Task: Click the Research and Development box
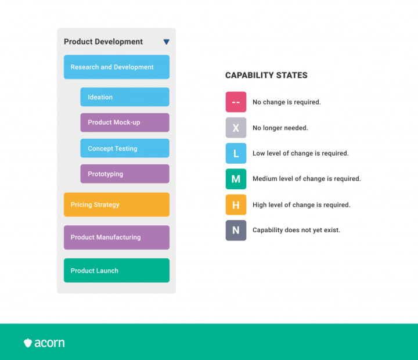117,67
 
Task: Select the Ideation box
125,97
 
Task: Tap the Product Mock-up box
125,123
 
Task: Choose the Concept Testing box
125,148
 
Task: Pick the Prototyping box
125,174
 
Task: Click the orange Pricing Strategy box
117,204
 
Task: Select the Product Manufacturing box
117,237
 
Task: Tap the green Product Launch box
117,271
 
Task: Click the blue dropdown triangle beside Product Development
167,42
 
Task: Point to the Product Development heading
103,42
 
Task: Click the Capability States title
266,75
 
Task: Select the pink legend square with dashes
236,102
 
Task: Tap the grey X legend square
236,128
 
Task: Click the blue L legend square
236,153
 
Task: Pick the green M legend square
236,179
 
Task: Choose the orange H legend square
236,205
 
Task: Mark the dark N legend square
236,230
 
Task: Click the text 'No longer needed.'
280,128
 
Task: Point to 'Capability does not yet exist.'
296,230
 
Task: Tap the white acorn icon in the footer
28,343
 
